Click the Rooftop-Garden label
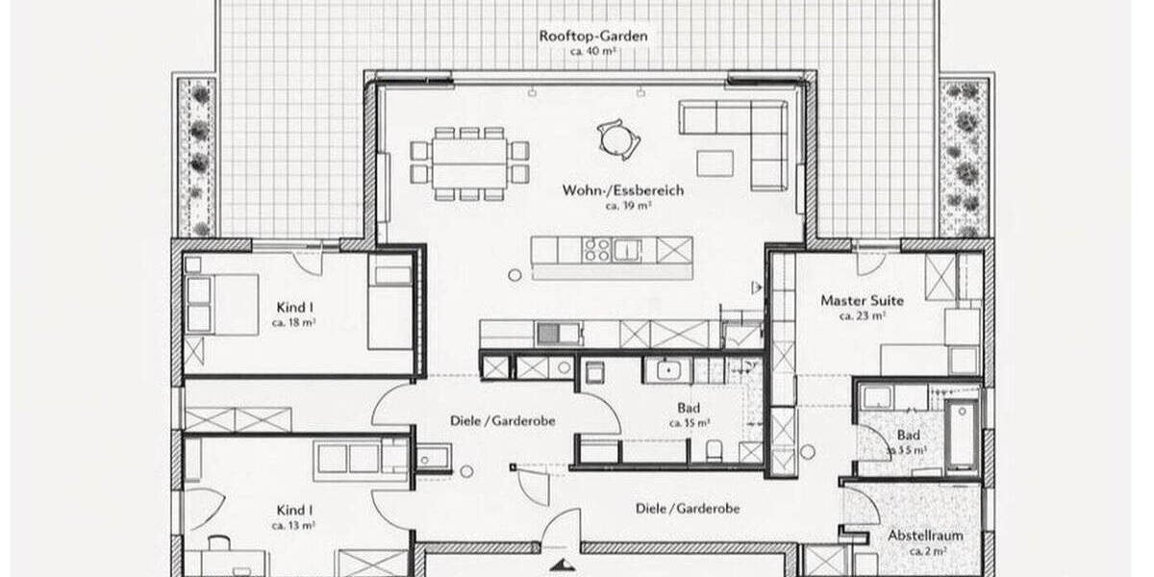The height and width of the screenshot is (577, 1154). coord(592,36)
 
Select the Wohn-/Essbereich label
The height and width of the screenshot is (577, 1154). coord(623,190)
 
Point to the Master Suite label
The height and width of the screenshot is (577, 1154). coord(862,300)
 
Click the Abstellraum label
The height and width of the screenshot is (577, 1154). coord(926,536)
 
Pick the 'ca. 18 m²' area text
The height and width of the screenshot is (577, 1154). coord(294,323)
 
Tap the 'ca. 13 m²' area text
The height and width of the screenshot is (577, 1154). coord(294,525)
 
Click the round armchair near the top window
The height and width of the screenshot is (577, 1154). coord(615,138)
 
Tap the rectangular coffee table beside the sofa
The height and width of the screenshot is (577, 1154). coord(715,163)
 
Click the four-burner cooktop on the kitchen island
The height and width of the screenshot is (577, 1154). coord(595,250)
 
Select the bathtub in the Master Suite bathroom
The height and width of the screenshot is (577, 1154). coord(962,436)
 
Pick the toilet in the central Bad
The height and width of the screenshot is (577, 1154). coord(713,450)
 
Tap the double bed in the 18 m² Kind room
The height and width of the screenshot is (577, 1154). coord(225,304)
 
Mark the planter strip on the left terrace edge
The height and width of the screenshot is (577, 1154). coord(198,157)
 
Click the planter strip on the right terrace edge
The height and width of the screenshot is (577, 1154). coord(963,157)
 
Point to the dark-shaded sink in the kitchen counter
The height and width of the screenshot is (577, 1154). coord(548,334)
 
